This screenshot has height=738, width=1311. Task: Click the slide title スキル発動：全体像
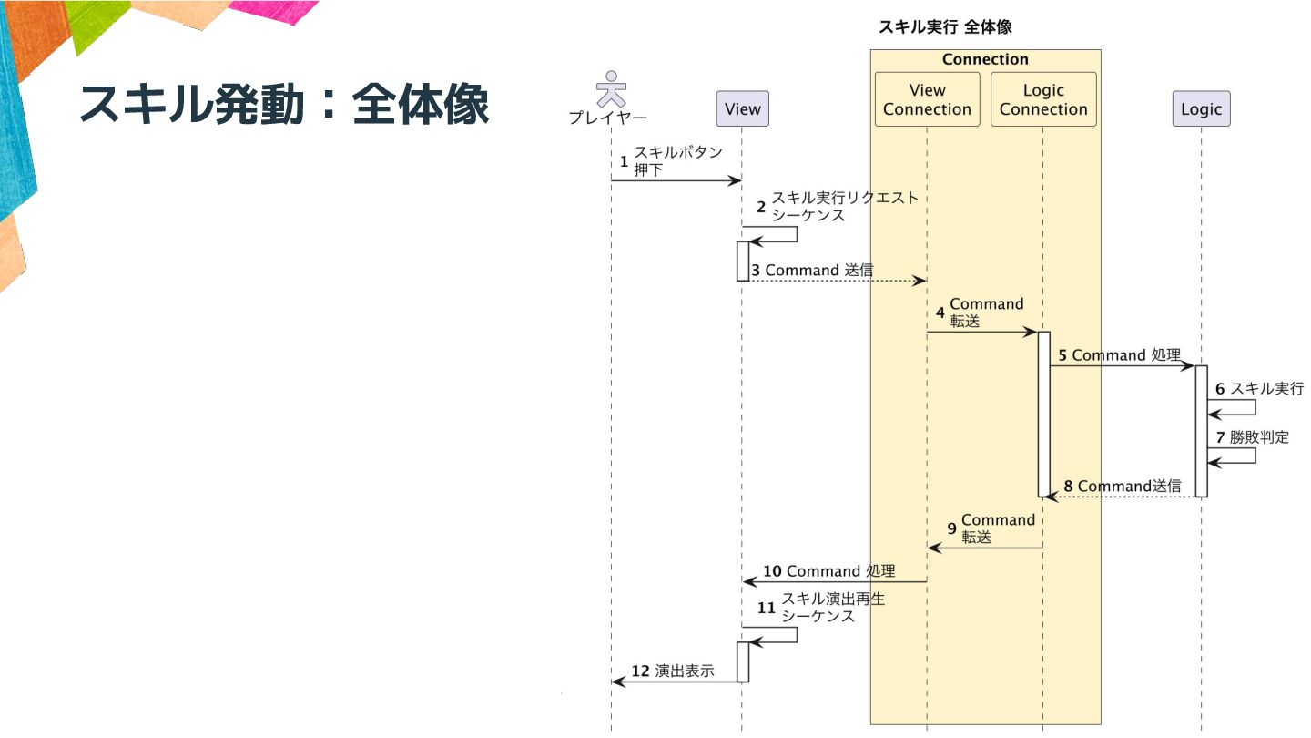tap(284, 106)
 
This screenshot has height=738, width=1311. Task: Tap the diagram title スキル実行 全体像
tap(944, 27)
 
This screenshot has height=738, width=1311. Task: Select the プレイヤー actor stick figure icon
tap(611, 89)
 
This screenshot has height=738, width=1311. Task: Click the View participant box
tap(742, 109)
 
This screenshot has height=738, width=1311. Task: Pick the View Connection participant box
tap(927, 99)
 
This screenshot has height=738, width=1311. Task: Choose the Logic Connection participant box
tap(1043, 99)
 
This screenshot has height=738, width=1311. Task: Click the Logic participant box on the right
tap(1201, 109)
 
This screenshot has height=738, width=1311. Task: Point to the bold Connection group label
tap(985, 59)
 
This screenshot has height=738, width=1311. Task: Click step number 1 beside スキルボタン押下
tap(624, 161)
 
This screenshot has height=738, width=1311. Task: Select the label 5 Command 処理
tap(1119, 355)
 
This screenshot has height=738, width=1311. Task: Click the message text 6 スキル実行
tap(1259, 388)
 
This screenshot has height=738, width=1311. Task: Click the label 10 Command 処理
tap(828, 571)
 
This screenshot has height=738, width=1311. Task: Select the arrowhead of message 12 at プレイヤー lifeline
tap(617, 682)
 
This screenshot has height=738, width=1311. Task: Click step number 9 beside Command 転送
tap(951, 528)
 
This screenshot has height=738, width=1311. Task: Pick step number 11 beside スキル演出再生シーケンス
tap(767, 607)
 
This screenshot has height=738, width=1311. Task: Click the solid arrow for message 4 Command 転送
tap(983, 333)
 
